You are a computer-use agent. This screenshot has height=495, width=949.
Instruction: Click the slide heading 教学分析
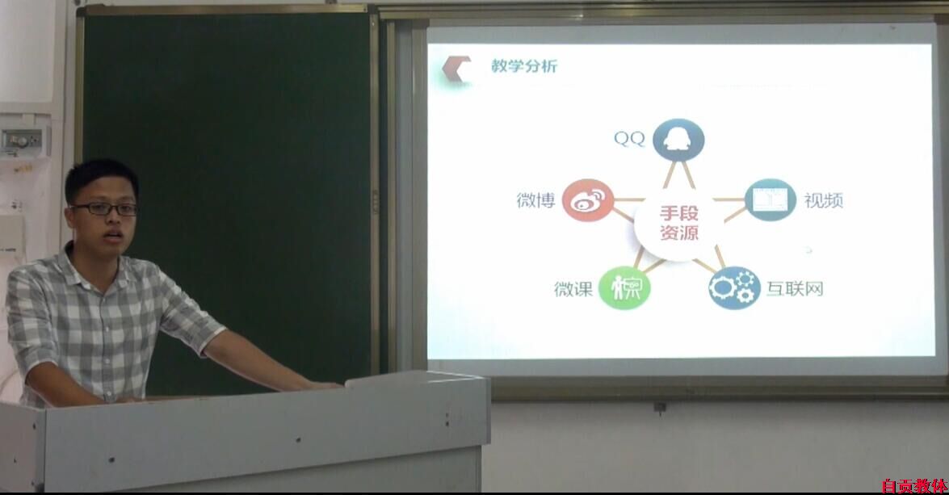point(523,66)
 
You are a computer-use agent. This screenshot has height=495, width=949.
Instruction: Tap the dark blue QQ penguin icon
point(678,141)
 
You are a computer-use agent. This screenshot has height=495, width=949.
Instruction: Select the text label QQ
point(629,139)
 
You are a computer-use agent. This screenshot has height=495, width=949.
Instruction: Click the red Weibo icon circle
point(588,200)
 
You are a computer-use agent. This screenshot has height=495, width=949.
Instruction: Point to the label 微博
point(535,200)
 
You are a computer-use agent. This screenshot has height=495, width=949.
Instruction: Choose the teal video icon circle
point(771,199)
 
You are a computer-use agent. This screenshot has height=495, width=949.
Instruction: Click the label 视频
point(823,200)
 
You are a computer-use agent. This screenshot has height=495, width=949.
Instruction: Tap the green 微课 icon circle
point(624,288)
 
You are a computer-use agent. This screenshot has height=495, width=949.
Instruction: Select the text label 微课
point(573,288)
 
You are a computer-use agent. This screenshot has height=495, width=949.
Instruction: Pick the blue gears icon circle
point(734,288)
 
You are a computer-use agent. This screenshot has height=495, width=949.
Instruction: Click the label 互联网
point(795,288)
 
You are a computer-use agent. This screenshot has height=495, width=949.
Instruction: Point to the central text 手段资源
point(679,223)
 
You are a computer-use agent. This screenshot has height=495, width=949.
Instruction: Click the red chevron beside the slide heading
point(456,69)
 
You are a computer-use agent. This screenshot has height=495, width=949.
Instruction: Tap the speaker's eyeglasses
point(105,209)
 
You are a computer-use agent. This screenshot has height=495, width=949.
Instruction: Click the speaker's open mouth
point(112,236)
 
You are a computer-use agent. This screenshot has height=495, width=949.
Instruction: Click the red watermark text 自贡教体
point(914,486)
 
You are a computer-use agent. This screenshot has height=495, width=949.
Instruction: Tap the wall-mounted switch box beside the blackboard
point(22,141)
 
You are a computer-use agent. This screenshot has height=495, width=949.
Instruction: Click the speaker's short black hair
point(100,175)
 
